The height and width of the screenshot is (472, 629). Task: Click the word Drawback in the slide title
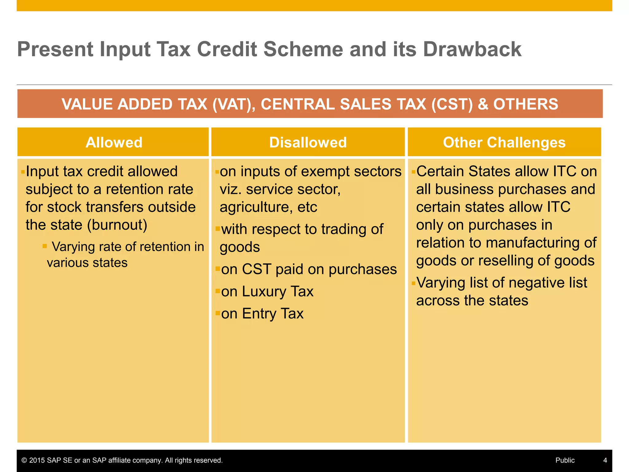click(472, 49)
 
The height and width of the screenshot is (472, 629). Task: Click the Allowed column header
click(114, 143)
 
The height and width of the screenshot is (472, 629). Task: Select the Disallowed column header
click(308, 143)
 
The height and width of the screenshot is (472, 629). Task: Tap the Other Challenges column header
click(504, 143)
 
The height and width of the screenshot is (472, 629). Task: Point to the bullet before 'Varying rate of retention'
click(45, 246)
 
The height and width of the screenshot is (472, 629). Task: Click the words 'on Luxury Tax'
click(267, 292)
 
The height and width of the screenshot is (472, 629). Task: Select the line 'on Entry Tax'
click(262, 314)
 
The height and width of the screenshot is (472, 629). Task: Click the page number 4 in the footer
click(605, 460)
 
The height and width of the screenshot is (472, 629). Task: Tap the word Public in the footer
click(565, 460)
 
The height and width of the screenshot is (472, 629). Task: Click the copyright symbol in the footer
click(24, 460)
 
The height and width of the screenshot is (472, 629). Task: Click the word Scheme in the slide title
click(303, 49)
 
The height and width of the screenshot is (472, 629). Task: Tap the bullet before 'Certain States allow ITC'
click(413, 171)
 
